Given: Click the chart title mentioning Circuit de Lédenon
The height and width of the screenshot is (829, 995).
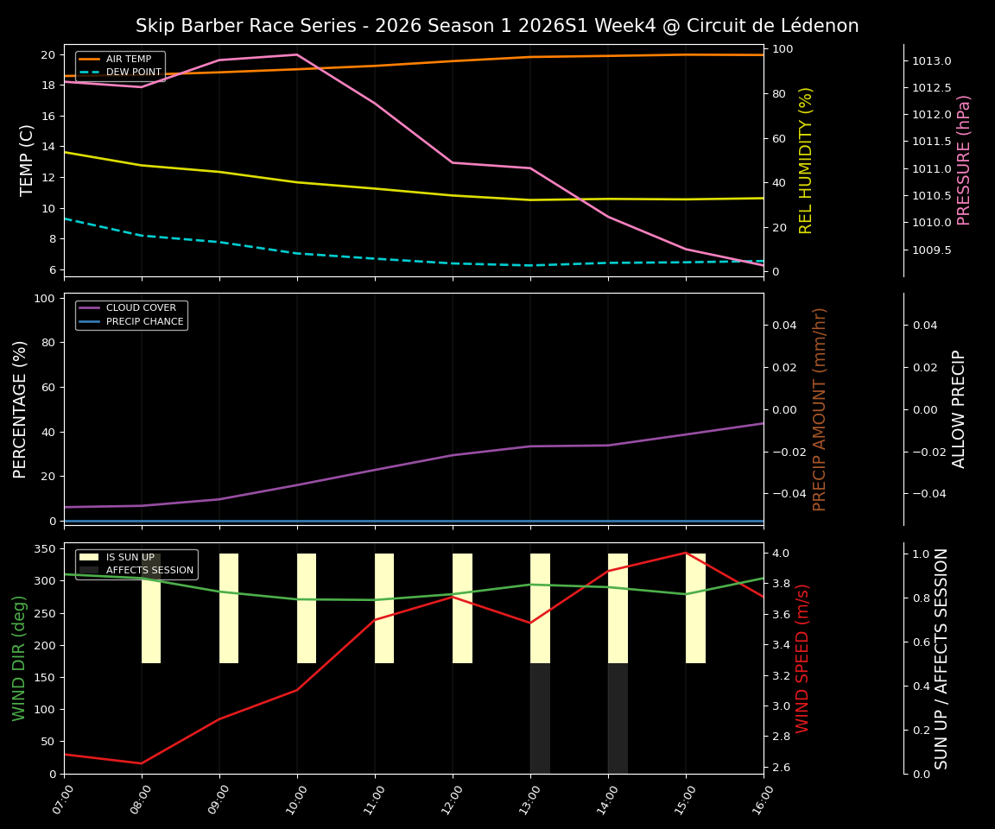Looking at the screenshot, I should (x=497, y=26).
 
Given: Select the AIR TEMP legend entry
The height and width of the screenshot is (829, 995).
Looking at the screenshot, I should (x=128, y=59).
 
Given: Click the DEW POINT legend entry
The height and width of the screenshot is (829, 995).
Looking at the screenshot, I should (x=133, y=73).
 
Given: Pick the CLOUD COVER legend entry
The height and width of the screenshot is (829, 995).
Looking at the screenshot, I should (x=141, y=308).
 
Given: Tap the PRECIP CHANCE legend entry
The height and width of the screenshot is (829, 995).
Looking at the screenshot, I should (x=144, y=322).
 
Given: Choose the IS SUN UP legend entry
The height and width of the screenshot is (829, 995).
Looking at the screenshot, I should (x=130, y=557).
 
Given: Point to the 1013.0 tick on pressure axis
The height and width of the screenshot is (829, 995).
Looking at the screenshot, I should (x=931, y=61).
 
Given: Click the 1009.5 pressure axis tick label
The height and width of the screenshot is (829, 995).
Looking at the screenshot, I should (x=931, y=250).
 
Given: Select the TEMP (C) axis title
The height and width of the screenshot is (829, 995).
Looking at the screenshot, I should (x=28, y=160).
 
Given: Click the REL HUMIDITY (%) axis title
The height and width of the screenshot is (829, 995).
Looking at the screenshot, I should (x=806, y=160).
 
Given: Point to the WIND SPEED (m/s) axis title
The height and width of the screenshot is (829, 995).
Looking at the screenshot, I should (x=803, y=658).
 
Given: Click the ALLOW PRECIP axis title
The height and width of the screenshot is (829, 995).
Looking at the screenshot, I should (x=959, y=408).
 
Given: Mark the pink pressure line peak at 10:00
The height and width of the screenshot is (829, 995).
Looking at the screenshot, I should (x=297, y=54).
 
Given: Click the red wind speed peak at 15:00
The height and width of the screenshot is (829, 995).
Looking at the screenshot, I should (x=686, y=553).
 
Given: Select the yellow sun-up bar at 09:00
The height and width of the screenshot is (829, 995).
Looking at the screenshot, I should (x=229, y=608).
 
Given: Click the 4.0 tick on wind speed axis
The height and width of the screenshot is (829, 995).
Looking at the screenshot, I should (x=781, y=553).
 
